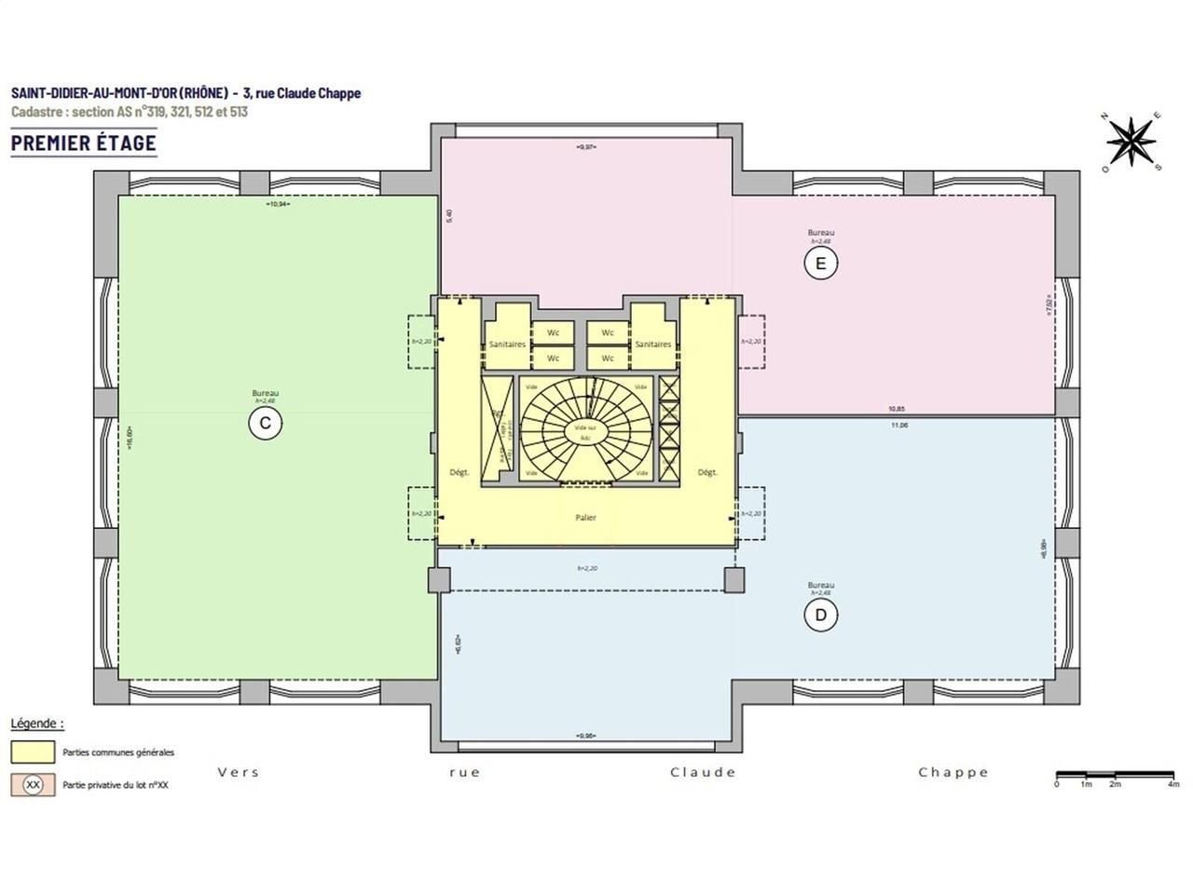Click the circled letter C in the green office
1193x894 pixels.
[265, 424]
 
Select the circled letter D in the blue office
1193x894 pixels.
[821, 615]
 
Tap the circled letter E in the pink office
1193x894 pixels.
[820, 264]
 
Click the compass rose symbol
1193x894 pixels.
[1131, 142]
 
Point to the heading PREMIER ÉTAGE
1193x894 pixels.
[84, 142]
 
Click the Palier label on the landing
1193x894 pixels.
[585, 518]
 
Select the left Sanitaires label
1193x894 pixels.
[507, 345]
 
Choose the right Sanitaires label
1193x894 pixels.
[652, 345]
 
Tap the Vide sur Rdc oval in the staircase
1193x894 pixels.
[585, 431]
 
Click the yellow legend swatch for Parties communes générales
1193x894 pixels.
[33, 752]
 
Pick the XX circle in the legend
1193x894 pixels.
[33, 784]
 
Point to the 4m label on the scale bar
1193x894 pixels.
[1172, 784]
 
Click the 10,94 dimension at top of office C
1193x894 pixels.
[278, 203]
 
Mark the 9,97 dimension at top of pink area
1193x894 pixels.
[585, 147]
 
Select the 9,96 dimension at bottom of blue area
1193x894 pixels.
[585, 736]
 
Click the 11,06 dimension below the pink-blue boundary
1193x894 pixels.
[898, 425]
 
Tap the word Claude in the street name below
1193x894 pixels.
[703, 772]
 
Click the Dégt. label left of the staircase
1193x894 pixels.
[459, 472]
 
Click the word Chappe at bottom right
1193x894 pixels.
[953, 772]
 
